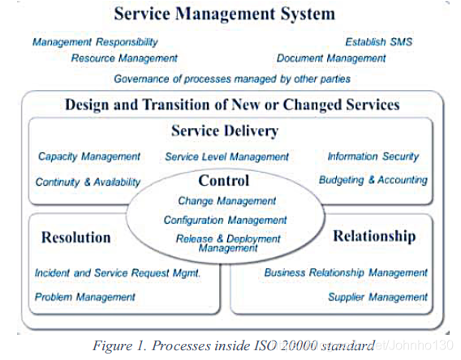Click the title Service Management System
(225, 14)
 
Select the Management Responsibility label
(95, 42)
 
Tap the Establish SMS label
(379, 42)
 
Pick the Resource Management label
(124, 58)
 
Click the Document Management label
(331, 58)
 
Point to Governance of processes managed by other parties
(232, 79)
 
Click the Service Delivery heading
(225, 131)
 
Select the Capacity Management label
(89, 156)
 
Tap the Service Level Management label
(226, 156)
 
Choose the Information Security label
(373, 156)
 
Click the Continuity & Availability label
(88, 182)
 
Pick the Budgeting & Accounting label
(373, 180)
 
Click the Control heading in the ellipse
(224, 180)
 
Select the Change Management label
(226, 201)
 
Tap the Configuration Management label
(225, 220)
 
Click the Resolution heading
(75, 238)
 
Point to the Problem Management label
(84, 297)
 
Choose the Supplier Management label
(377, 297)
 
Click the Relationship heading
(374, 236)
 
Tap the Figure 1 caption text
(234, 345)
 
